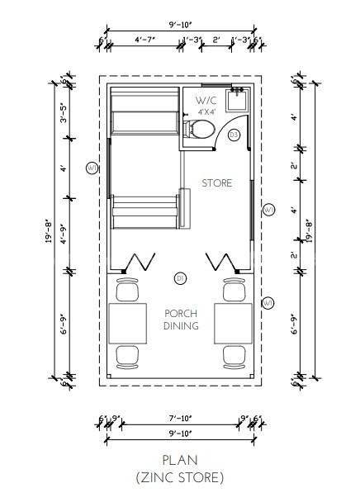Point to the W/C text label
tap(206, 101)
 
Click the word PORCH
tap(179, 314)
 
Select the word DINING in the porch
tap(179, 326)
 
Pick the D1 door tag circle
tap(179, 278)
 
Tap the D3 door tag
tap(234, 134)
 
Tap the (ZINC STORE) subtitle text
tap(180, 476)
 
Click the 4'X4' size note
tap(206, 111)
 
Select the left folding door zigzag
tap(138, 263)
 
